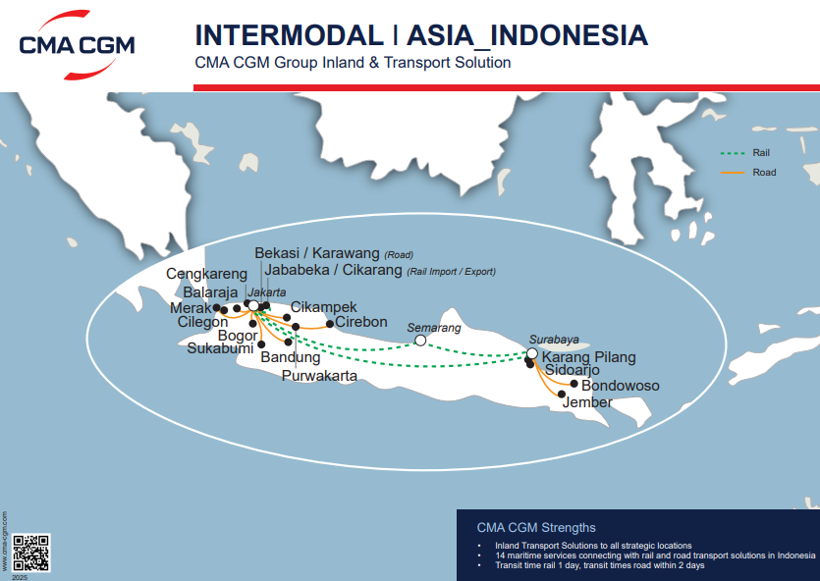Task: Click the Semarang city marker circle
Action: (420, 341)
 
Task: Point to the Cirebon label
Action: (361, 322)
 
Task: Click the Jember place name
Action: (587, 402)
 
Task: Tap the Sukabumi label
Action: (221, 348)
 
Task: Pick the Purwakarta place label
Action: (319, 376)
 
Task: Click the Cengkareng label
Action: (207, 274)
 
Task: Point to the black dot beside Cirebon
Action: (330, 325)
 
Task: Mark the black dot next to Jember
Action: (562, 395)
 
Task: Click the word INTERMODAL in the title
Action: (289, 35)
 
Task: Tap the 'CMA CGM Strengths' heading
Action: (535, 527)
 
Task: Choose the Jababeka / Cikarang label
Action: (334, 270)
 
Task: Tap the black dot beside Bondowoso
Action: (574, 385)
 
